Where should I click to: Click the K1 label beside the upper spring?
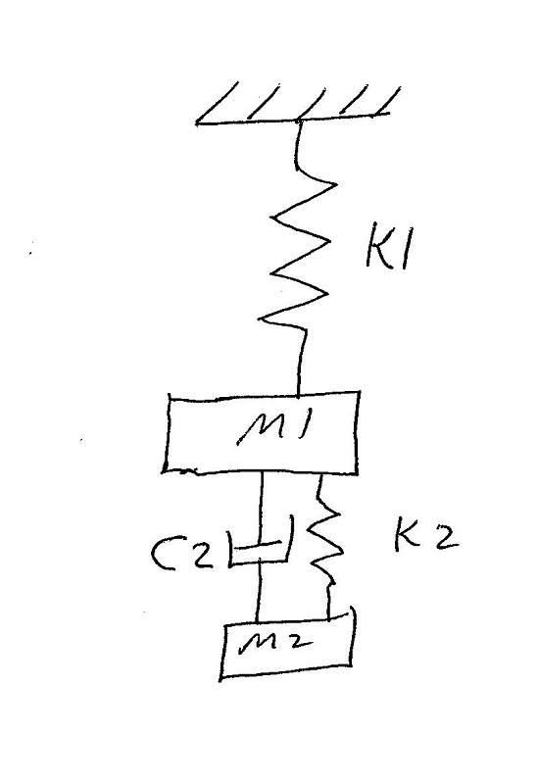point(388,250)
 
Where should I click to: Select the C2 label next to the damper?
point(181,555)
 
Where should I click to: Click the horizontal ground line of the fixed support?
point(292,118)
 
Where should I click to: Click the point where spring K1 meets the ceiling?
point(299,120)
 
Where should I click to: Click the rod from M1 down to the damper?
point(261,508)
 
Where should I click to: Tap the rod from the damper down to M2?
point(258,594)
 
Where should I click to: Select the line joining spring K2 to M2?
point(329,603)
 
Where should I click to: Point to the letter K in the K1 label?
point(378,249)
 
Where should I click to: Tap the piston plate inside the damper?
point(258,545)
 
